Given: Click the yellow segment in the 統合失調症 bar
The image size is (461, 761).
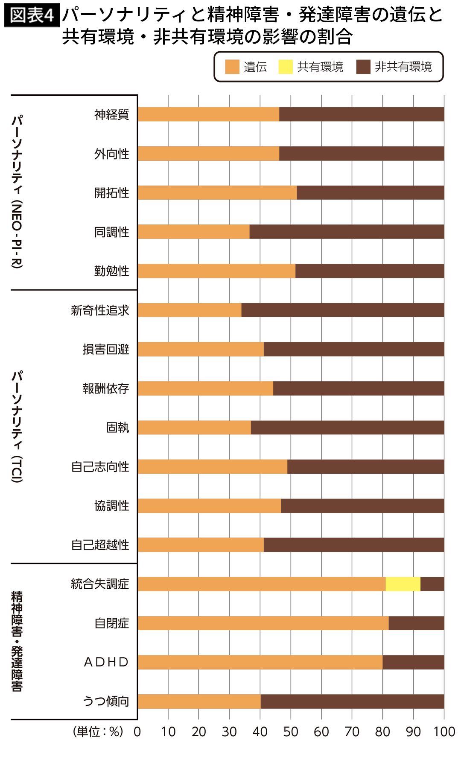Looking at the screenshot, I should click(403, 584).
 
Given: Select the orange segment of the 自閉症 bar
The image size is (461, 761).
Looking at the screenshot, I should click(263, 623).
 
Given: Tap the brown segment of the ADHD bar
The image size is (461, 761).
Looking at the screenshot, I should click(413, 662).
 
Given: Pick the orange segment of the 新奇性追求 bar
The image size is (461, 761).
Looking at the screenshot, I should click(190, 310).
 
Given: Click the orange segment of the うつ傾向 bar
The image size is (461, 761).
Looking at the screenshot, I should click(199, 701).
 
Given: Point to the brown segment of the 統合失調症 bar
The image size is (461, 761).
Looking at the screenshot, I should click(432, 584).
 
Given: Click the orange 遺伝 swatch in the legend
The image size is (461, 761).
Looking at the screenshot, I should click(232, 67).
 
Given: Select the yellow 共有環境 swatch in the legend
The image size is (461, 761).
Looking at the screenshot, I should click(285, 67).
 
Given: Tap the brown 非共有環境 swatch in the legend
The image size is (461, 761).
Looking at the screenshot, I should click(363, 67).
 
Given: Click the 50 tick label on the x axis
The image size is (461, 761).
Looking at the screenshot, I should click(290, 732).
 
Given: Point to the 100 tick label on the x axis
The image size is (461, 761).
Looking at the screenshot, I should click(444, 732).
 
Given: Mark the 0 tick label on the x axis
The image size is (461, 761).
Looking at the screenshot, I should click(137, 732).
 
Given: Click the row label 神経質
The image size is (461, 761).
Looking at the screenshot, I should click(111, 115).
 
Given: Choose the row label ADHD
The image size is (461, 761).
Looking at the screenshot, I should click(106, 662).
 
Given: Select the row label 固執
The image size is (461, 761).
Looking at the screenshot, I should click(117, 428).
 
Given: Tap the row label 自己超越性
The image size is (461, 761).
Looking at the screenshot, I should click(100, 545).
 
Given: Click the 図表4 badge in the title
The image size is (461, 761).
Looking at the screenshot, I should click(32, 16).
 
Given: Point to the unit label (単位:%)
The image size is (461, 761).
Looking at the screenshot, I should click(98, 732).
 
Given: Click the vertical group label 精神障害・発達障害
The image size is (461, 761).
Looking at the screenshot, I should click(17, 641).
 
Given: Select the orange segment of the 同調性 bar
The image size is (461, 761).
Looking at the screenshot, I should click(193, 232).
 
